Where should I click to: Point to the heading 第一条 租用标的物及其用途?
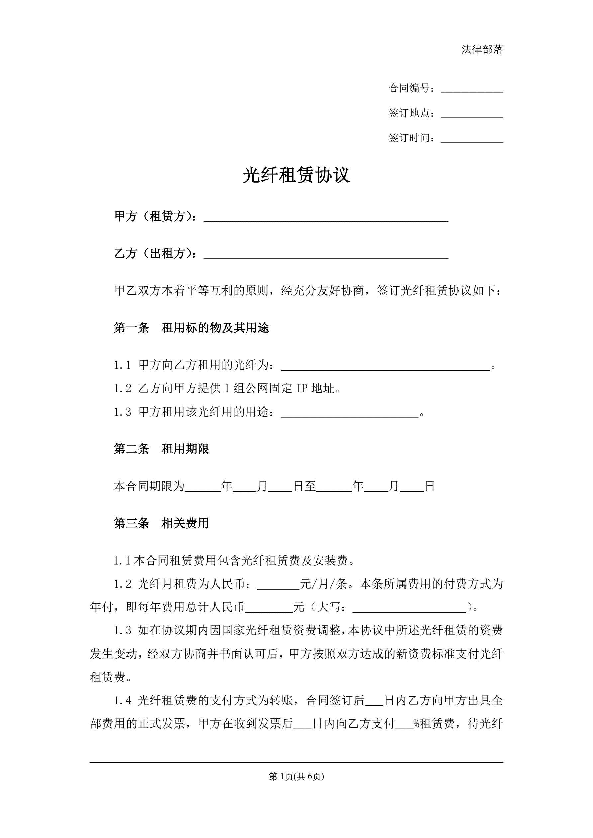click(191, 328)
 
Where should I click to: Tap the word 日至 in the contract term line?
click(305, 486)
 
